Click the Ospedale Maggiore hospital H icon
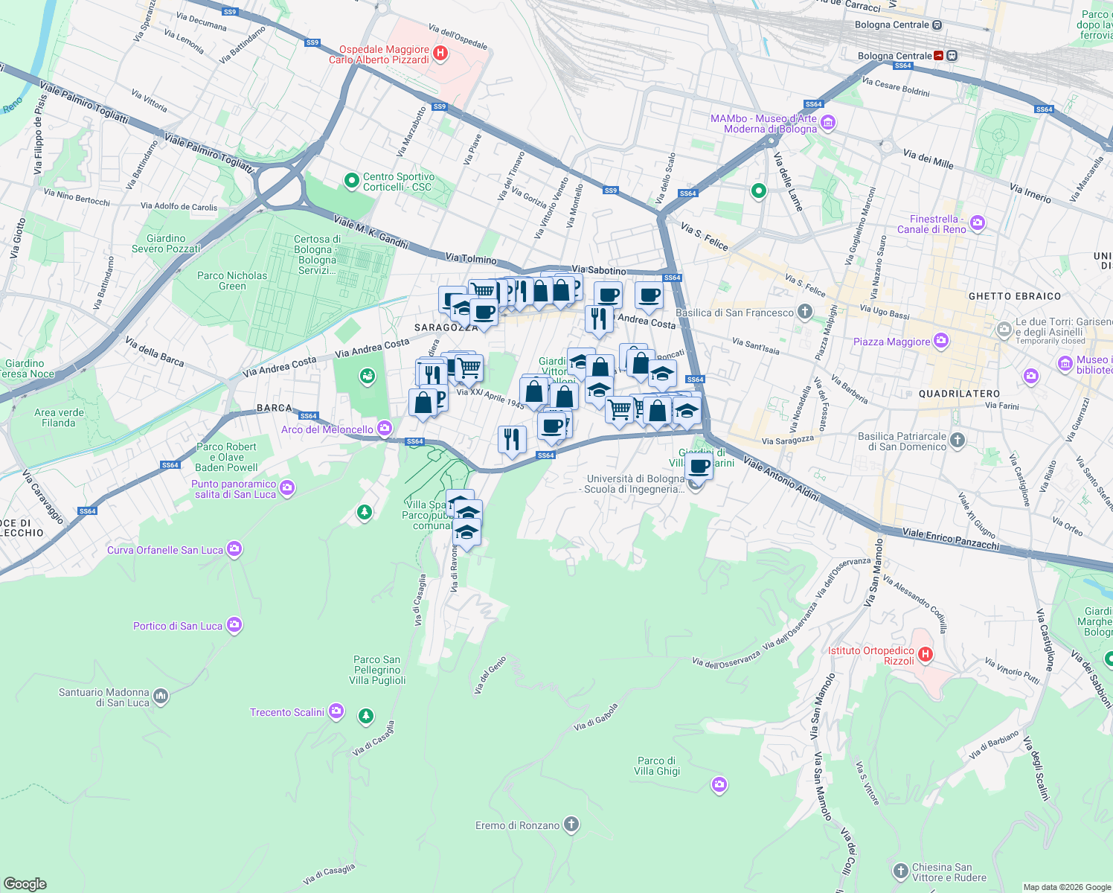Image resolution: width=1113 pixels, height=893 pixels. click(x=440, y=53)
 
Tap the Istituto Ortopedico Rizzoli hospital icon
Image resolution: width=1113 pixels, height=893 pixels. click(x=925, y=655)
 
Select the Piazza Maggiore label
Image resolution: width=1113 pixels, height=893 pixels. click(x=891, y=342)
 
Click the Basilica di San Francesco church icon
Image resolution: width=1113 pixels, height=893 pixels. click(x=804, y=312)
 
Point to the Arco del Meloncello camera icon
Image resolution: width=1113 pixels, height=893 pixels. click(x=385, y=428)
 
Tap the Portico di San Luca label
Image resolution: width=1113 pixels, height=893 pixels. click(x=178, y=626)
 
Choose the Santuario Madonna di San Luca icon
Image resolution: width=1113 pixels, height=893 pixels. click(x=161, y=697)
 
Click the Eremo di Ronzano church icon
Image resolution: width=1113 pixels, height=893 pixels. click(x=571, y=824)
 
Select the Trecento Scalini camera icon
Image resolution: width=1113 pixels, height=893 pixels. click(x=336, y=711)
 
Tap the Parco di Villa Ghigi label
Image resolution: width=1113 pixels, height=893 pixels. click(x=657, y=766)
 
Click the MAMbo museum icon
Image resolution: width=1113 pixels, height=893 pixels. click(x=828, y=123)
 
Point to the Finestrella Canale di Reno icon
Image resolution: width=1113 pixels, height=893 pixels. click(x=977, y=223)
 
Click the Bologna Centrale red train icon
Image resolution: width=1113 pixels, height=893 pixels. click(x=939, y=56)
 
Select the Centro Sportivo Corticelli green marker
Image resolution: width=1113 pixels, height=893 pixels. click(x=351, y=180)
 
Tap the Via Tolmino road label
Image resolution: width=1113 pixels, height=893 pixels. click(x=471, y=259)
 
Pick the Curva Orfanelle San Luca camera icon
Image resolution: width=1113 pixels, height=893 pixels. click(x=234, y=549)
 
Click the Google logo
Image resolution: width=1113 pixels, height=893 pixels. click(x=25, y=883)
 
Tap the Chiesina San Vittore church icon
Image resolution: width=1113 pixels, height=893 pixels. click(x=900, y=871)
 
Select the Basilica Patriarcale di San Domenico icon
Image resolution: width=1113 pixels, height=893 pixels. click(x=958, y=440)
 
